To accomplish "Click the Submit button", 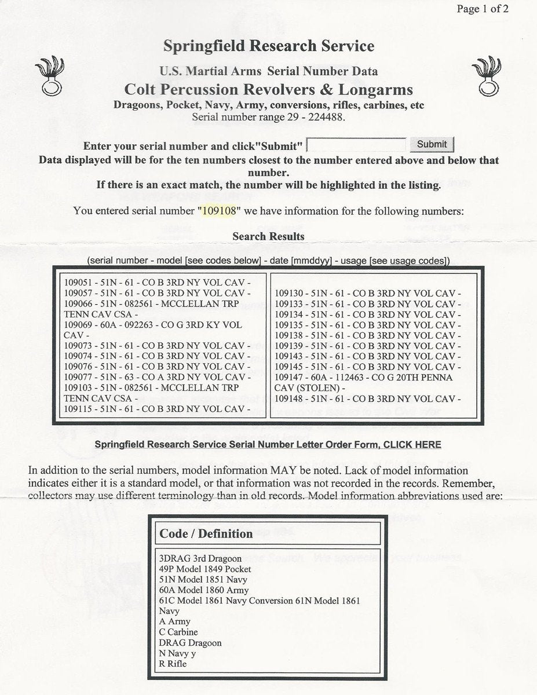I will pyautogui.click(x=432, y=144).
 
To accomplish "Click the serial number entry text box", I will pyautogui.click(x=356, y=144).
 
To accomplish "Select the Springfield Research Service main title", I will pyautogui.click(x=268, y=46).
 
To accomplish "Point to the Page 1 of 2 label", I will pyautogui.click(x=483, y=9).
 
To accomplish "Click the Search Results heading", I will pyautogui.click(x=268, y=236).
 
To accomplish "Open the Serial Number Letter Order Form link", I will pyautogui.click(x=267, y=445).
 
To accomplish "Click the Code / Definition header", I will pyautogui.click(x=206, y=533).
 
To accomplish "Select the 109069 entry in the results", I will pyautogui.click(x=153, y=325).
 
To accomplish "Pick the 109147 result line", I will pyautogui.click(x=363, y=377).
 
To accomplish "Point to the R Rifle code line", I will pyautogui.click(x=173, y=664).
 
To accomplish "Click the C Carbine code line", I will pyautogui.click(x=178, y=632).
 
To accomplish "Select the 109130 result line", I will pyautogui.click(x=367, y=294).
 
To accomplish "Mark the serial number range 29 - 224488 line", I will pyautogui.click(x=268, y=116).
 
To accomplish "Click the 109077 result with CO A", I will pyautogui.click(x=158, y=377).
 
